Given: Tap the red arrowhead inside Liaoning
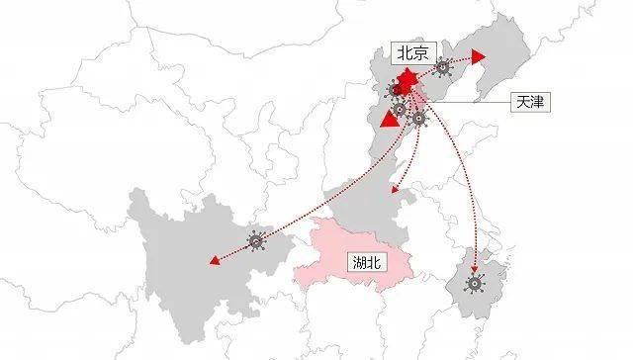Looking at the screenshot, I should (479, 57).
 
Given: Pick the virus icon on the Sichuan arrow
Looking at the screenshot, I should (258, 240).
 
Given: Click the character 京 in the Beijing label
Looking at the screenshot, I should (423, 54).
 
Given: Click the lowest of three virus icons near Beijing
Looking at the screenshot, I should (419, 119).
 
